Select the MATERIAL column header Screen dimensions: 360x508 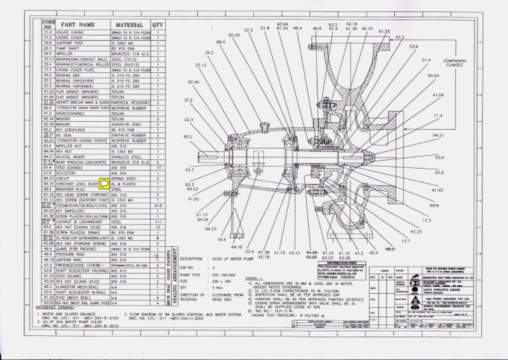coord(130,24)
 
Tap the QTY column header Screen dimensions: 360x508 coord(158,24)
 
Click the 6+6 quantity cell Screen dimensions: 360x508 coord(158,205)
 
